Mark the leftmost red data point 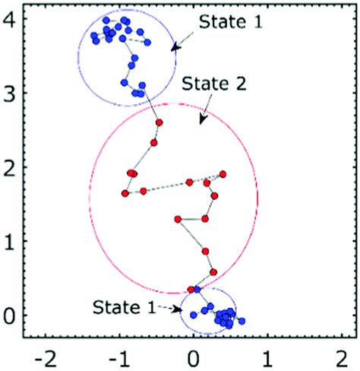coord(125,193)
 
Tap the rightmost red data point coord(223,174)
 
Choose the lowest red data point coord(191,289)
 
